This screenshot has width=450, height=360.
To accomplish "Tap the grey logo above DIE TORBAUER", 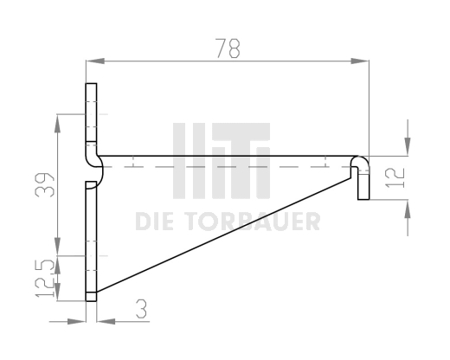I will (222, 160).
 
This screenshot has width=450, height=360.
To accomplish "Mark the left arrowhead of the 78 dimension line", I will (93, 61).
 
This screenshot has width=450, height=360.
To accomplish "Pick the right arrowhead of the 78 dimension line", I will (362, 61).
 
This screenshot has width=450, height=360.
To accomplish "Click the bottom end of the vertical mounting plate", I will (91, 298).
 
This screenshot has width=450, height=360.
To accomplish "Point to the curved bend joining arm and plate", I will (97, 164).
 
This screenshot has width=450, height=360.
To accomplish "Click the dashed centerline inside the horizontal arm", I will (225, 164).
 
